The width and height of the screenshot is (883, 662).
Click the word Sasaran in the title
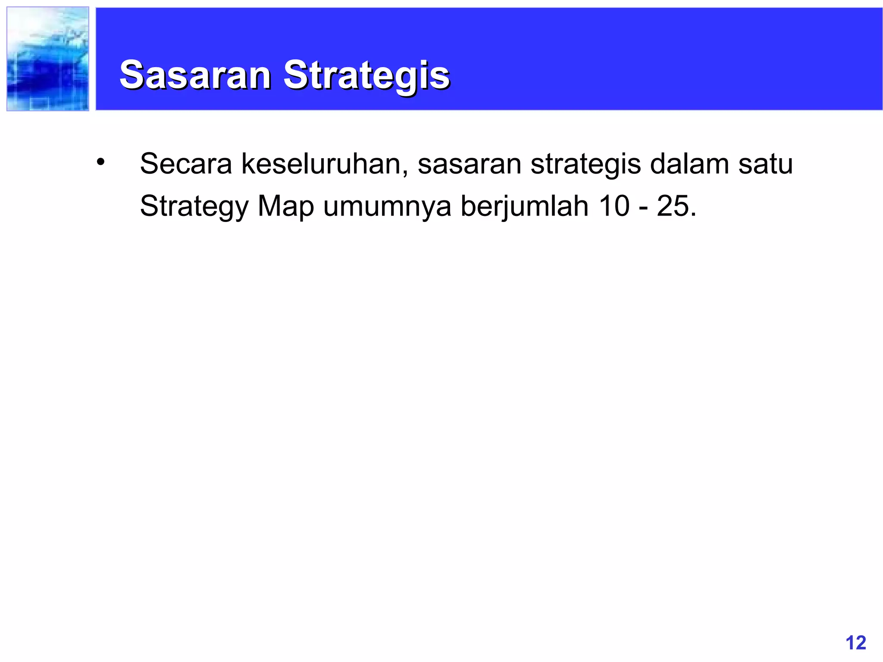195,75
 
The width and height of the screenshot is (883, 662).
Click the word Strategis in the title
366,75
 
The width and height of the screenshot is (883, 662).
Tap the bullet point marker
100,162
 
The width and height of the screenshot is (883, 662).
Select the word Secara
186,164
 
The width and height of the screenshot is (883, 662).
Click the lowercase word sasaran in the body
469,165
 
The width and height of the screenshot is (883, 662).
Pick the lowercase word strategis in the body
586,165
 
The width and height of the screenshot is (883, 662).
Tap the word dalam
689,164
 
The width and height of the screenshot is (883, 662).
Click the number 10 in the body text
614,206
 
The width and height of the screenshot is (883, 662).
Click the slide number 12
856,643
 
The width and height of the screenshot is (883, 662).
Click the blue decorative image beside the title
48,59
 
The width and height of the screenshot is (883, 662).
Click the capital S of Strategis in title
296,75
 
